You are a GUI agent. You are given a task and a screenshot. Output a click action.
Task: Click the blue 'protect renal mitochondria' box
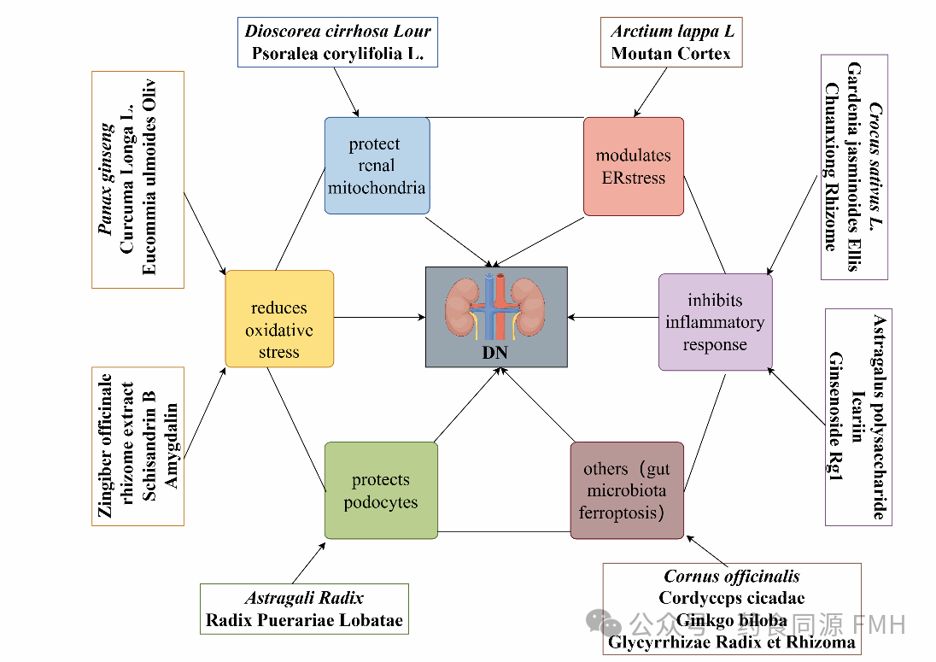377,165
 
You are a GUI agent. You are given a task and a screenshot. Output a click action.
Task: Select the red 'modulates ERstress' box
633,166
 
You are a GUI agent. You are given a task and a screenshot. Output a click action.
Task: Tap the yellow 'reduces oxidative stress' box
279,319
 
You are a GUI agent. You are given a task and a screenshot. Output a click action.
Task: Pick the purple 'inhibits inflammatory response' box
715,321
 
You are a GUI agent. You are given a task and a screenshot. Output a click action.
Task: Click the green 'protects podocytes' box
381,489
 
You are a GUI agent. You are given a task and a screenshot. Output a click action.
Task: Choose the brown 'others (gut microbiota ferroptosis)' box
626,490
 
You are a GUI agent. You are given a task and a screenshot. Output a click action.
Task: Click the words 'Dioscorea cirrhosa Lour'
338,32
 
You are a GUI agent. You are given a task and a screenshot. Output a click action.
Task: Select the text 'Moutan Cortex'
671,53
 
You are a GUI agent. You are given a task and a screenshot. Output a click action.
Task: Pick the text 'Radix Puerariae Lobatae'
304,620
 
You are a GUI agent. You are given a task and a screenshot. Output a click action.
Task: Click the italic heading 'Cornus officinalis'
732,577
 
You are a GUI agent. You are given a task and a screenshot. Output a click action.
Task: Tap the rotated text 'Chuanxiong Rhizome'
830,167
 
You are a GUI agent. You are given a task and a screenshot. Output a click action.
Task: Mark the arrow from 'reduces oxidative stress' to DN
379,318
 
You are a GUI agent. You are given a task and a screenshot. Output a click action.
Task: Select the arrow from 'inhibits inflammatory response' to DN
613,318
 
